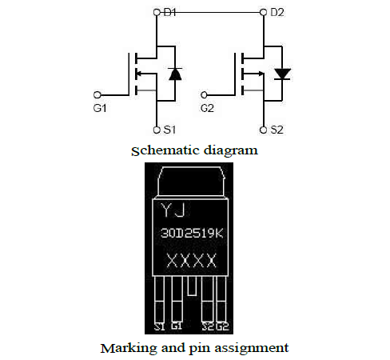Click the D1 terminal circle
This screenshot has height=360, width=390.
(x=157, y=12)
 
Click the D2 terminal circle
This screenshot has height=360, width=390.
(x=263, y=12)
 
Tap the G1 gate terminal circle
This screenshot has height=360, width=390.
(x=97, y=94)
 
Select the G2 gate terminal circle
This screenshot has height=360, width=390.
(x=204, y=94)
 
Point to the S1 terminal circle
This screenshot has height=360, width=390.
(x=157, y=130)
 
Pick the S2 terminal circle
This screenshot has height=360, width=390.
(x=263, y=130)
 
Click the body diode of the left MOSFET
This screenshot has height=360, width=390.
(x=175, y=74)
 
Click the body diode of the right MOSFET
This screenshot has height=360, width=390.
(x=282, y=74)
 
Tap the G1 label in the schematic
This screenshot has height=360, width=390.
(x=100, y=108)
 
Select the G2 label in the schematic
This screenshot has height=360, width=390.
(x=207, y=108)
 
